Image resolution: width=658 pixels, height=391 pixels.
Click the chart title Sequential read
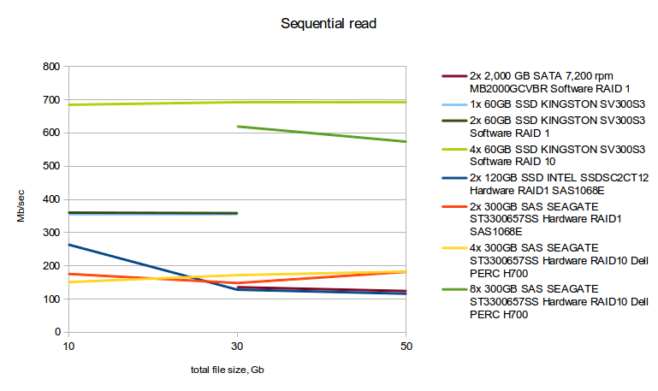click(329, 24)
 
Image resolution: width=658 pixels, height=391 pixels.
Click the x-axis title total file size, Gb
click(234, 370)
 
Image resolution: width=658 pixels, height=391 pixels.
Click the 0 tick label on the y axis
click(56, 332)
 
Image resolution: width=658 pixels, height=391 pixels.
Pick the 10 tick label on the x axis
click(68, 347)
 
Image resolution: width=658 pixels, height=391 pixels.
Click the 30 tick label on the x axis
click(237, 347)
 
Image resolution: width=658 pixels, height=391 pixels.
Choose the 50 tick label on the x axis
click(406, 347)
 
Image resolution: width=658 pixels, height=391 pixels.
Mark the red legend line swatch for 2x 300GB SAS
click(453, 207)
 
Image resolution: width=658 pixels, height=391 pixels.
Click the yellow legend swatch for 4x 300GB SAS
click(453, 248)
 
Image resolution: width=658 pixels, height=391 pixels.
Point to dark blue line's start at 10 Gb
click(68, 245)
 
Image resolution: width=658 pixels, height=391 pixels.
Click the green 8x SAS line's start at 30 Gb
click(237, 127)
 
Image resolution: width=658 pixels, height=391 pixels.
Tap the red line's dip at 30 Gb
click(237, 282)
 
